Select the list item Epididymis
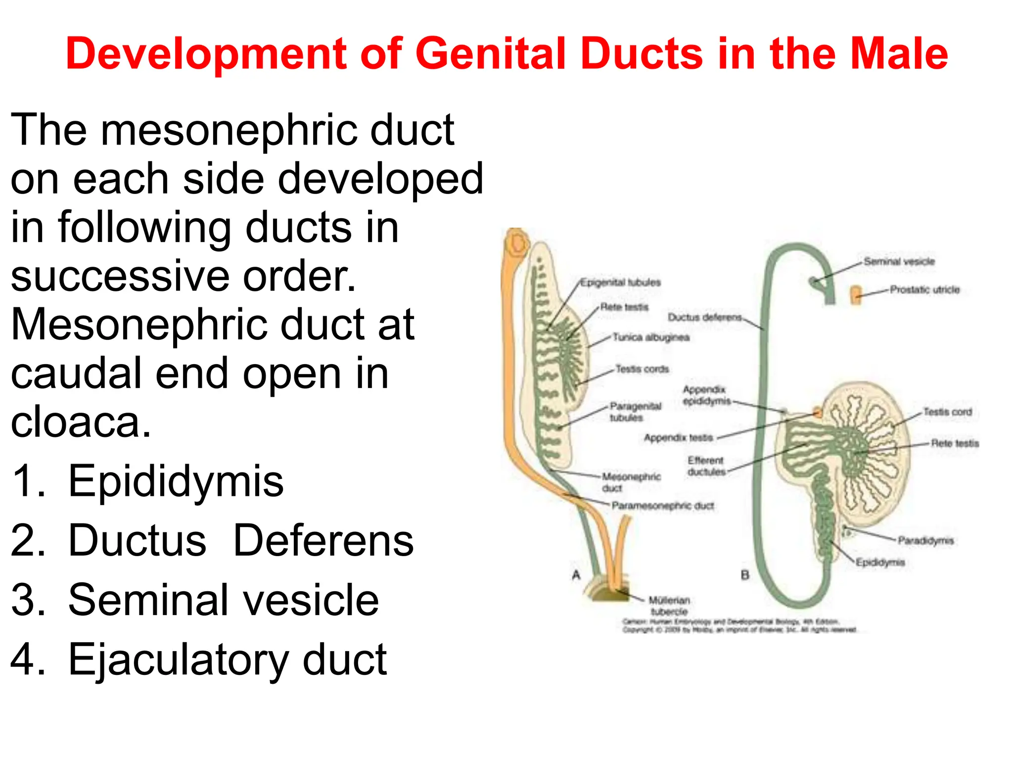point(176,481)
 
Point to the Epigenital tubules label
point(620,283)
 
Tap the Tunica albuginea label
point(651,337)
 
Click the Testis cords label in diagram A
point(642,369)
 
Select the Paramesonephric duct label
point(663,506)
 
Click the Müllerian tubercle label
point(669,606)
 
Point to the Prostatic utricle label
point(924,289)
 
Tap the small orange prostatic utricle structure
point(856,295)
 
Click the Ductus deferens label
point(705,317)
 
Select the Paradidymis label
point(925,540)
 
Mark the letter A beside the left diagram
point(576,575)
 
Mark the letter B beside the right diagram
point(745,575)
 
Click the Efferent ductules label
point(706,466)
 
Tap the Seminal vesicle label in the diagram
point(899,261)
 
